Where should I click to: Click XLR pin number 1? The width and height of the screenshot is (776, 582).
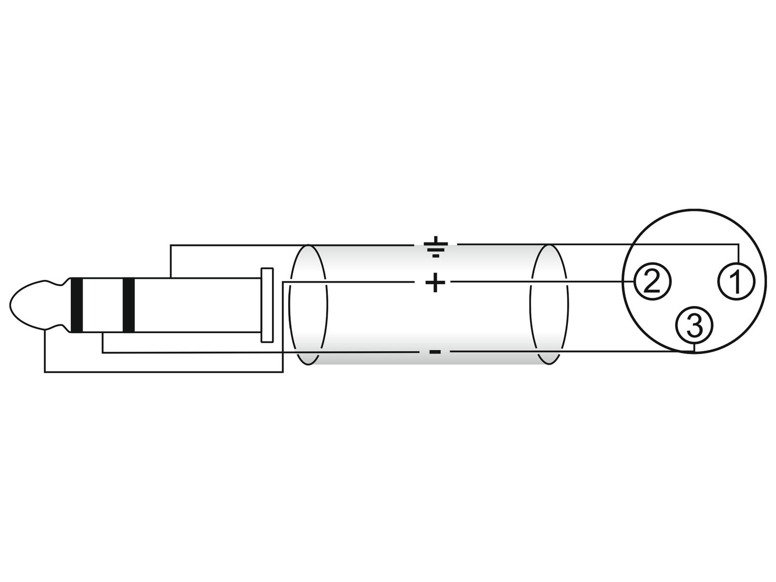pyautogui.click(x=736, y=281)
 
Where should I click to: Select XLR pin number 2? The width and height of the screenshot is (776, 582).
pyautogui.click(x=652, y=281)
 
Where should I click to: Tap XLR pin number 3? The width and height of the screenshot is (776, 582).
pyautogui.click(x=695, y=325)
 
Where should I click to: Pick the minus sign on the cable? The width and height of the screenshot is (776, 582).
pyautogui.click(x=435, y=352)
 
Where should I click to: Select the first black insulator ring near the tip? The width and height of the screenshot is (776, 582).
pyautogui.click(x=76, y=306)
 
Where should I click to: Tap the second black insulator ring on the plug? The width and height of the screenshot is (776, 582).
pyautogui.click(x=129, y=306)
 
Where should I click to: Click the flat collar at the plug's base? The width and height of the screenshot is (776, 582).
pyautogui.click(x=267, y=305)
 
